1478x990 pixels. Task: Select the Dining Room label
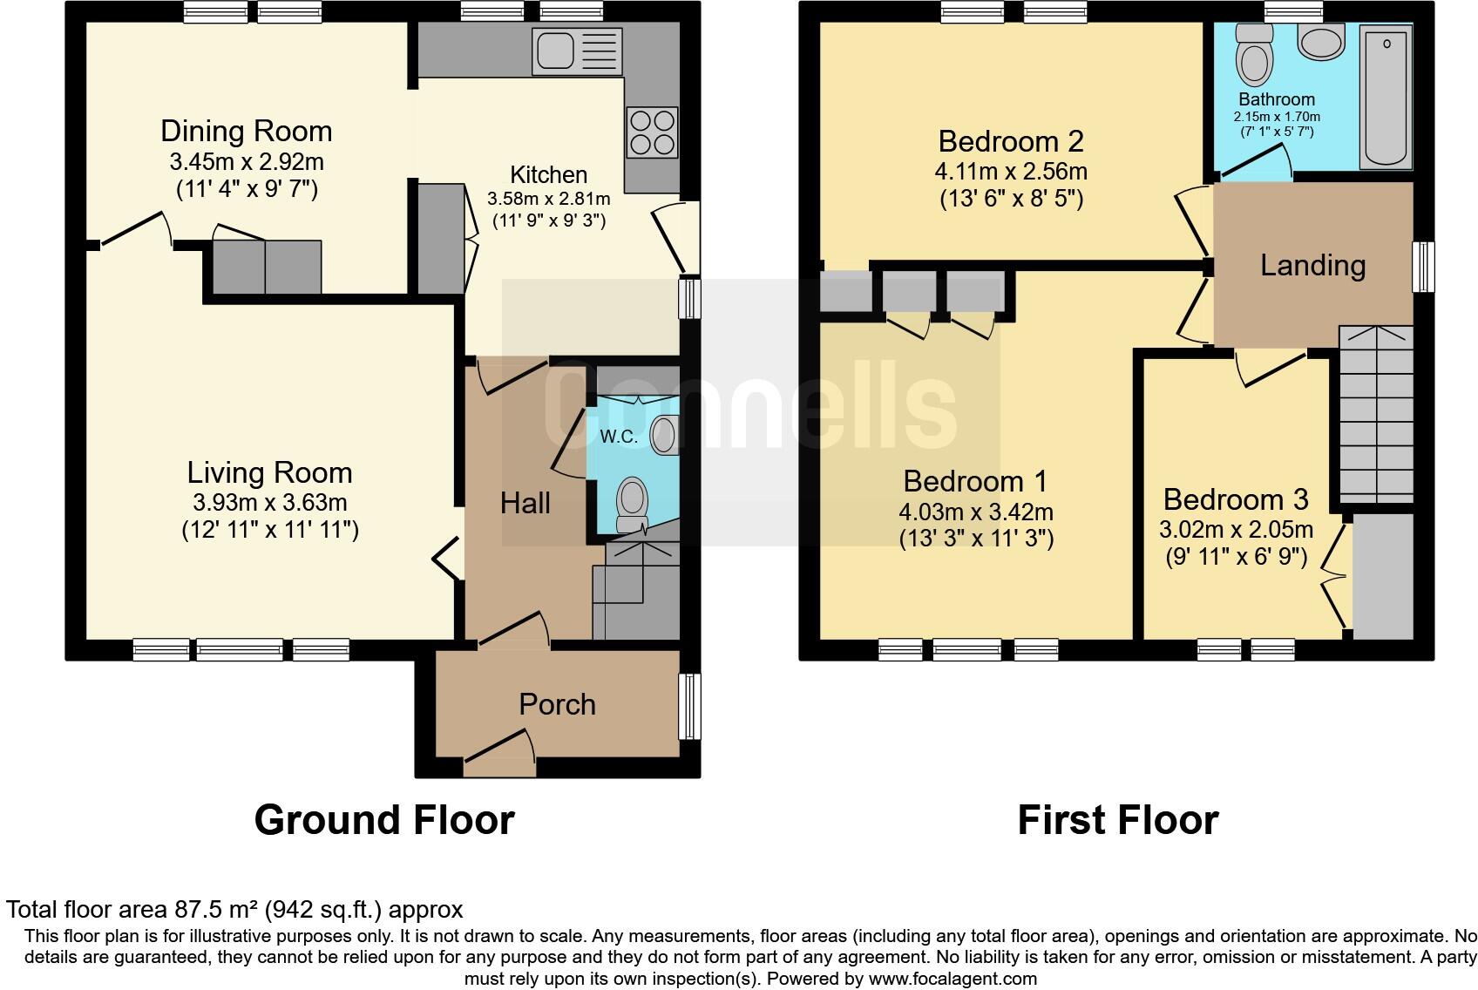[x=247, y=132]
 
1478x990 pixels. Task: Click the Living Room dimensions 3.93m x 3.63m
[x=269, y=503]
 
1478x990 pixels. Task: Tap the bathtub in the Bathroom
[x=1386, y=96]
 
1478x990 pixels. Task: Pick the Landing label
[x=1312, y=265]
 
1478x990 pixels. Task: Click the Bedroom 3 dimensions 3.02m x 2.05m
[x=1236, y=530]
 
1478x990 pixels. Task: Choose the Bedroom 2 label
[x=1011, y=141]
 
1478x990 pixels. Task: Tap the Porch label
[x=557, y=704]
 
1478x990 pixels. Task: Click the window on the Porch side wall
[x=689, y=706]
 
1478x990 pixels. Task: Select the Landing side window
[x=1423, y=267]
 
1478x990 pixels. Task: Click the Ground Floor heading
[x=384, y=820]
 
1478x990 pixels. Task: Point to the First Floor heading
[x=1117, y=820]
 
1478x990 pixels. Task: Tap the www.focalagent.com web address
[x=953, y=979]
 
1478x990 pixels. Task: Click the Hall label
[x=525, y=503]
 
